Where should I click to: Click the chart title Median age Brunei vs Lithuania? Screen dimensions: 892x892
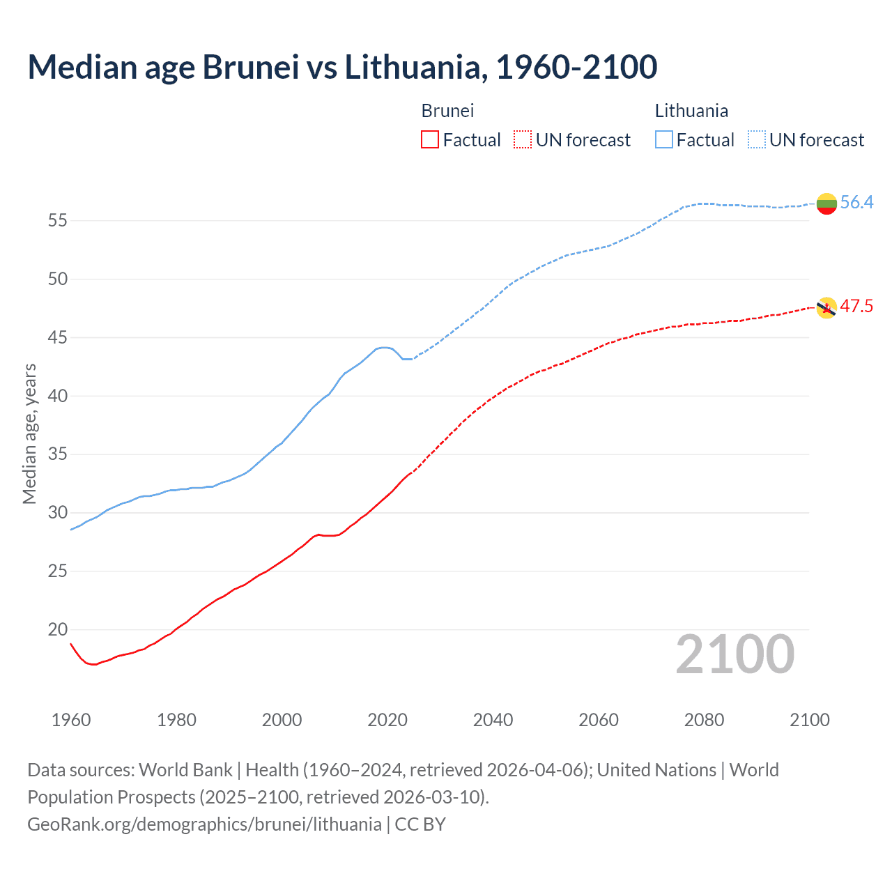[x=342, y=67]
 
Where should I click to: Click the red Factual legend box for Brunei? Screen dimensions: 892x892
[x=430, y=140]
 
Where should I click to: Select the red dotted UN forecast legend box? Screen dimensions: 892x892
[x=523, y=140]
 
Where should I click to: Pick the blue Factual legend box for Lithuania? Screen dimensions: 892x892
[x=663, y=140]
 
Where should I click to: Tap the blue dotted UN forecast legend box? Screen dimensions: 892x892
[x=756, y=140]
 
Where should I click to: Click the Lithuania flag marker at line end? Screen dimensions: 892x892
[x=826, y=203]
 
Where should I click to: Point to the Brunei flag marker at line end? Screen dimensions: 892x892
[x=826, y=308]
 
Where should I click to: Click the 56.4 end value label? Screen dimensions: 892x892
[x=856, y=203]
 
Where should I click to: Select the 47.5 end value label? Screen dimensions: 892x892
[x=856, y=307]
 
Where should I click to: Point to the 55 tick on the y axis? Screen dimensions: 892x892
[x=57, y=221]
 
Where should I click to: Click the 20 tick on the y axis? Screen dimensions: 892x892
[x=57, y=630]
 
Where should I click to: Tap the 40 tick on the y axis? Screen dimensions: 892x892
[x=57, y=397]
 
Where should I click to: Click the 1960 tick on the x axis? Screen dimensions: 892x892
[x=71, y=720]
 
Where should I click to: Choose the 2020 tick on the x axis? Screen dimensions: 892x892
[x=387, y=720]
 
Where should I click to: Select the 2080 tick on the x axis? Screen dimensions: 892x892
[x=704, y=720]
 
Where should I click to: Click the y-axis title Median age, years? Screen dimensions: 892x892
[x=29, y=433]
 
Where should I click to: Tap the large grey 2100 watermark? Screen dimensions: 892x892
[x=735, y=654]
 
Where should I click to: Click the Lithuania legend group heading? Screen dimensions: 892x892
[x=691, y=111]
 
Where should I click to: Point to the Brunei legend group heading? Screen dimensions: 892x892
[x=447, y=111]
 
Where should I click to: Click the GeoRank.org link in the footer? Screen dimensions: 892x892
[x=204, y=824]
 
